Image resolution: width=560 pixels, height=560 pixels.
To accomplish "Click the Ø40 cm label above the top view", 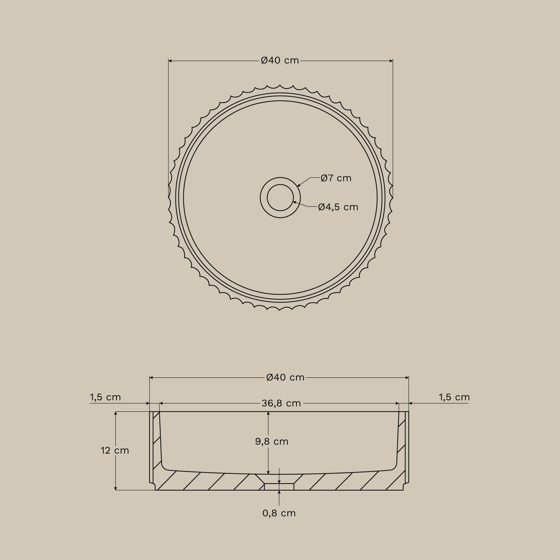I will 280,60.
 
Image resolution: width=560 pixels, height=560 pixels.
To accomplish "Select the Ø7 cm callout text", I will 336,178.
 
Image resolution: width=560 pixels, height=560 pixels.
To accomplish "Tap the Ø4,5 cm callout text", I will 338,207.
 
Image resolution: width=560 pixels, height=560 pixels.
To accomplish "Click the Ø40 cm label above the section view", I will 285,377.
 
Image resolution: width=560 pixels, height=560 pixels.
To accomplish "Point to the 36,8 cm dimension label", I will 281,403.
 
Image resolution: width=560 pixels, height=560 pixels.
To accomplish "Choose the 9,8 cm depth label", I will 272,441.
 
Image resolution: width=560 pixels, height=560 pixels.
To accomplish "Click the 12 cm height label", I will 115,451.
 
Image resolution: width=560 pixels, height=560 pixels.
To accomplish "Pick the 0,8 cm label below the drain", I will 279,513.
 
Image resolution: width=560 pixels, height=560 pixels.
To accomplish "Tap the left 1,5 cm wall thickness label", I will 105,397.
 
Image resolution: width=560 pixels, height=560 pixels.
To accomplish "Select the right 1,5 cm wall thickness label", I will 454,397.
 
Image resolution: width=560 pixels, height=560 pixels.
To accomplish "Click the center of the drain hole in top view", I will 280,197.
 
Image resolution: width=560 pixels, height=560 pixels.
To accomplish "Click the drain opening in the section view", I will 279,486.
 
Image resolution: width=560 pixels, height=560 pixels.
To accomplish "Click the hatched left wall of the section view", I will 156,441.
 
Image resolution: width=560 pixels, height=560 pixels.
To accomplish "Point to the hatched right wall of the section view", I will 402,441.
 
